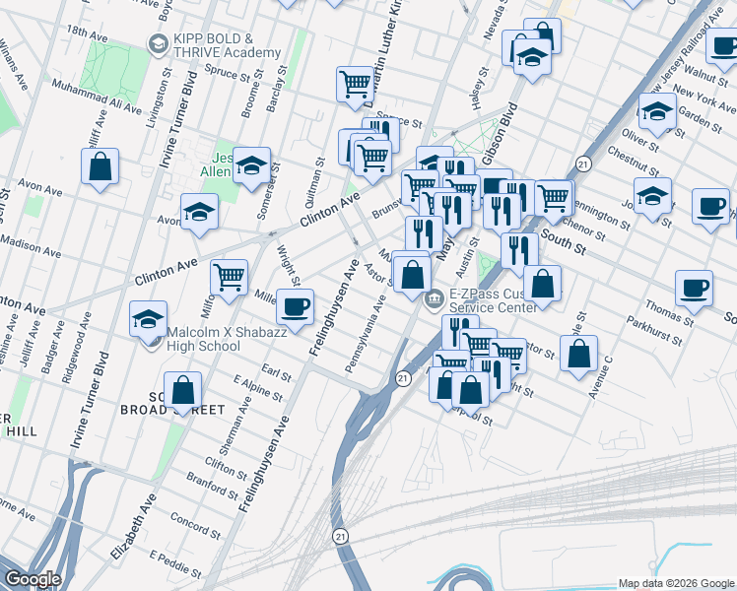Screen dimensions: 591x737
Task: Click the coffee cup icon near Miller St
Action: (x=295, y=307)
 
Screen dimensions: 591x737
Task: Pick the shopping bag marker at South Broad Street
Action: (x=183, y=390)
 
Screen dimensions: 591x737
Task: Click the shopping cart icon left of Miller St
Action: (x=229, y=278)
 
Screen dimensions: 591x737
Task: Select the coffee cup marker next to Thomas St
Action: (x=694, y=290)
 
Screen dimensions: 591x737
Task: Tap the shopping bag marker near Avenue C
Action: (x=579, y=353)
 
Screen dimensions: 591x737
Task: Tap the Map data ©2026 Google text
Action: (x=675, y=583)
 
